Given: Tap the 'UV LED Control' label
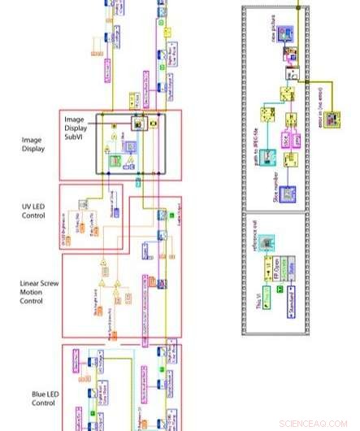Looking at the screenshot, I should coord(35,211).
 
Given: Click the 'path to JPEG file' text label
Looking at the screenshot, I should coord(254,130).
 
